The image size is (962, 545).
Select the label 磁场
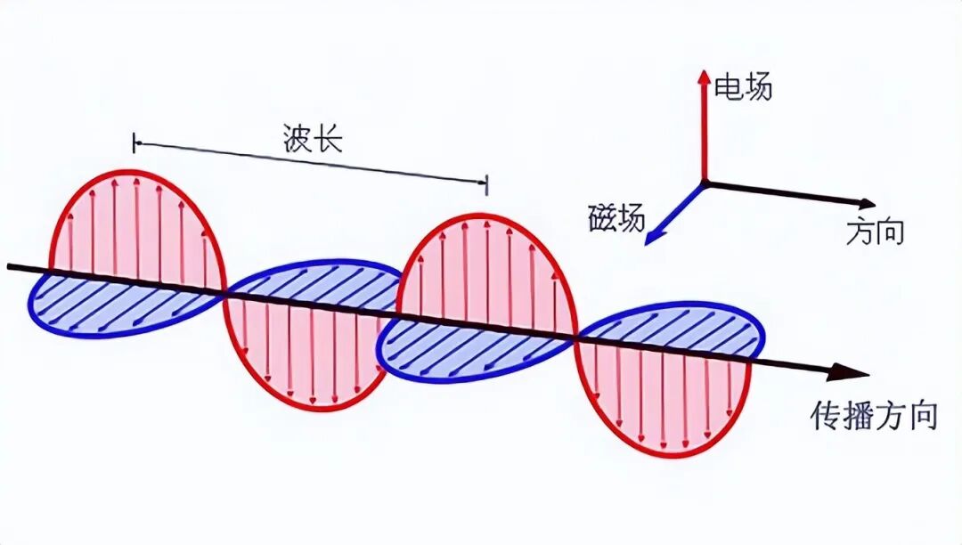[616, 217]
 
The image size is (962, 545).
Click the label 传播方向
[874, 415]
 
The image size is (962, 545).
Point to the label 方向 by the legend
[875, 232]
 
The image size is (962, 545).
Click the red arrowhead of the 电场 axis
[704, 77]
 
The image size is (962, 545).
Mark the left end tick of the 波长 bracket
[135, 142]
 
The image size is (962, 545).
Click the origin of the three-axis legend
[704, 183]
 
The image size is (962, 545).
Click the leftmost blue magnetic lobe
[116, 305]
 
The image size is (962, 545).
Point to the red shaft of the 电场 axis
[704, 134]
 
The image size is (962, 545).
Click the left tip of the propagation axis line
[9, 265]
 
